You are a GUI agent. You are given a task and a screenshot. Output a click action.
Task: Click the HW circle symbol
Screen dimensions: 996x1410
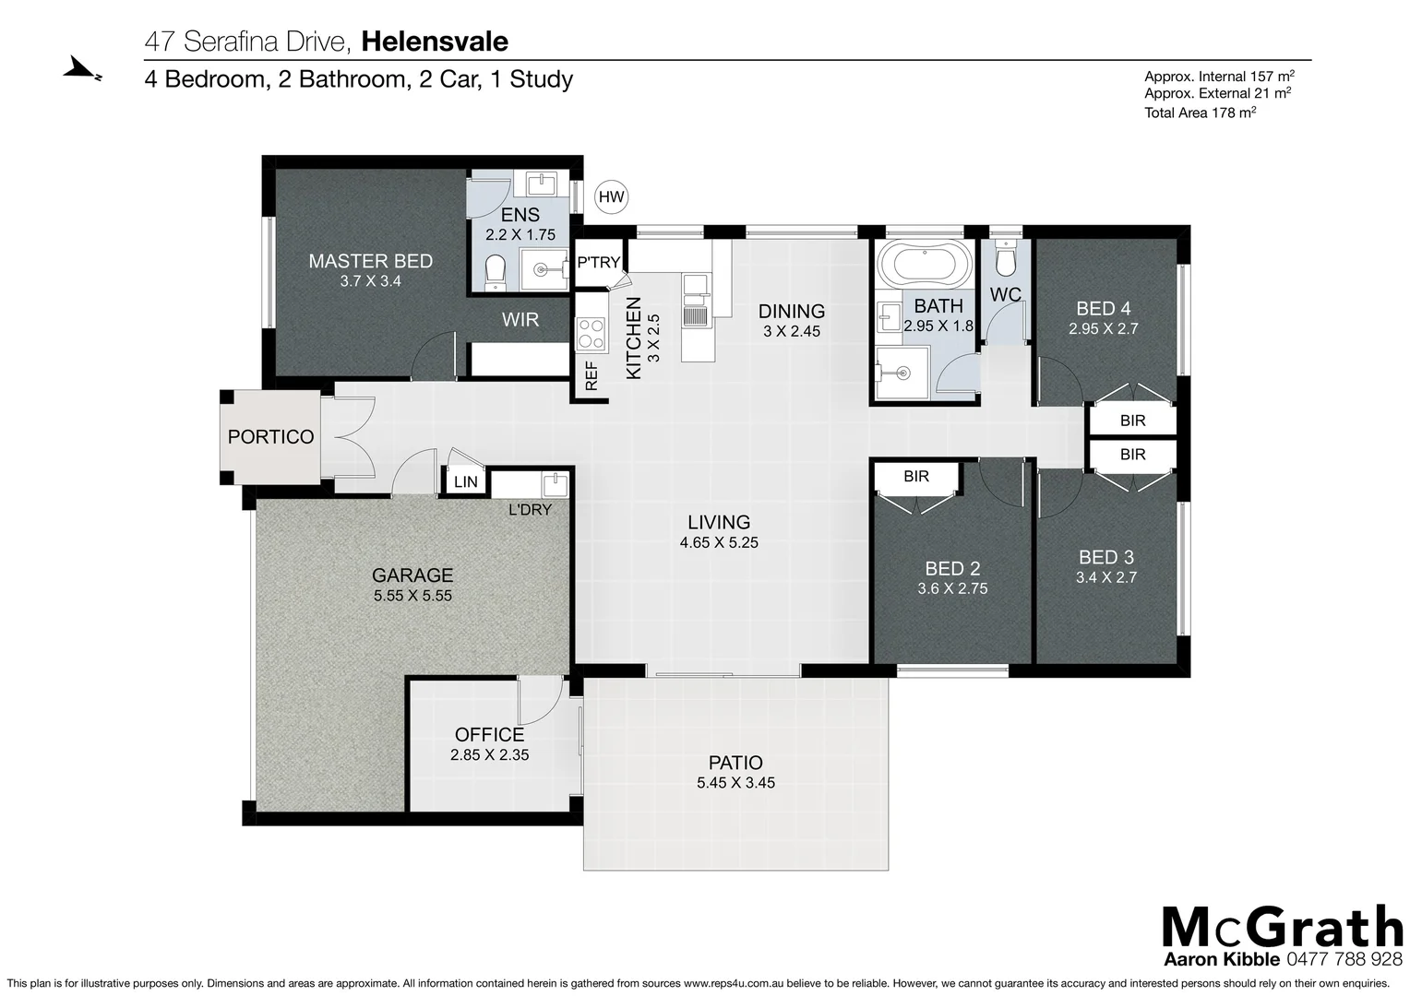tap(611, 196)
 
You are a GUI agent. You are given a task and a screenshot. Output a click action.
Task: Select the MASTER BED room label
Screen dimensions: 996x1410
tap(370, 261)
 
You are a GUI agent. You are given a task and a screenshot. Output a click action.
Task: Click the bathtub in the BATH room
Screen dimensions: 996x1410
tap(924, 265)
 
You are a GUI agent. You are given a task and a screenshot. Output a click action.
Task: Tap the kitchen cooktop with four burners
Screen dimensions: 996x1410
tap(591, 334)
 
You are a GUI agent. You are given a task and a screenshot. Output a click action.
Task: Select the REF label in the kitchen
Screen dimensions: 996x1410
tap(591, 376)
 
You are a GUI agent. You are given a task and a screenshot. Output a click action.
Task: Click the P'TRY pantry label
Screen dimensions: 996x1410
tap(599, 263)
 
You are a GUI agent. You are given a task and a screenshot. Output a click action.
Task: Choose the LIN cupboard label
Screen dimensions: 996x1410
tap(466, 481)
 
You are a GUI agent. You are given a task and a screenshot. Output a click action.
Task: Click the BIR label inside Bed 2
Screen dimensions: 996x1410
tap(916, 477)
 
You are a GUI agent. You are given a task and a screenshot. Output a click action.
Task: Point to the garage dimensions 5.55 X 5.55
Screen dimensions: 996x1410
tap(412, 596)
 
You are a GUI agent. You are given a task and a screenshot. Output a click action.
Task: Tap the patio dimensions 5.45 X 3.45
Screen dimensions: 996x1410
tap(735, 783)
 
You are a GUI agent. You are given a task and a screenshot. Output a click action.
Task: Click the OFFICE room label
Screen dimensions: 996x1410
tap(489, 734)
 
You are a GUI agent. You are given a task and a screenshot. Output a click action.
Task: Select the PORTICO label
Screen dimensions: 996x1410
tap(271, 437)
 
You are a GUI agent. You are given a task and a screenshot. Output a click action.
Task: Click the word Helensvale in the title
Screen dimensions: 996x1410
tap(435, 41)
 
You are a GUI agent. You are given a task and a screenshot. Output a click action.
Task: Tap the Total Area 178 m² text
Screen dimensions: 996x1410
tap(1201, 113)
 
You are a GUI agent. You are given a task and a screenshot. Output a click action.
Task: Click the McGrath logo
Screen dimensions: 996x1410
tap(1282, 927)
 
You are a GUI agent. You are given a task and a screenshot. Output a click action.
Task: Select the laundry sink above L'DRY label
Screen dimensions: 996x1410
tap(555, 485)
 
